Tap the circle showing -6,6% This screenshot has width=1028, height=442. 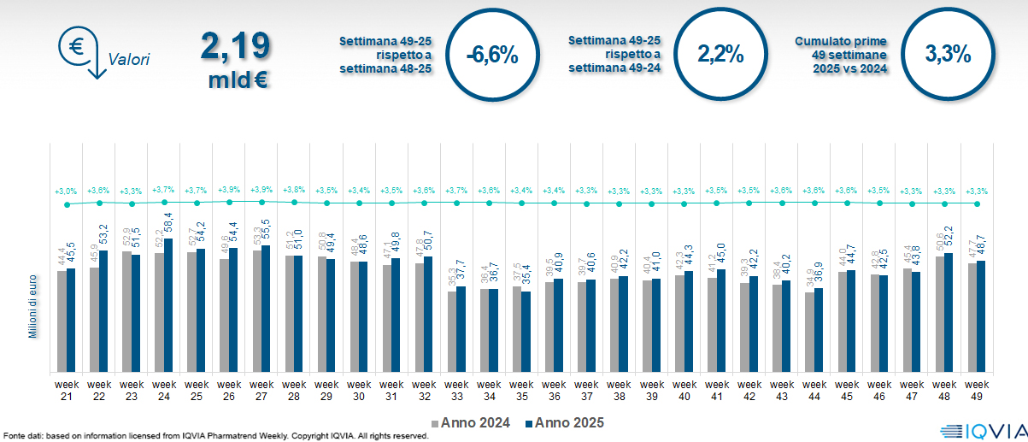point(492,55)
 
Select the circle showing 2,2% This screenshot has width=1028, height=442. point(720,55)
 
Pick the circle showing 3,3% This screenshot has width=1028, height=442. point(947,55)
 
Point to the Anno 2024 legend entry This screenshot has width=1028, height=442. point(473,422)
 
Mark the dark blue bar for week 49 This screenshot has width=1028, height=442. point(980,316)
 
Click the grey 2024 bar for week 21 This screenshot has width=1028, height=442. point(62,321)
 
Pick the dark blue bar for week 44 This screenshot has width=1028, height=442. point(818,330)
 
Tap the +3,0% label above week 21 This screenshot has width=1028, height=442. point(66,190)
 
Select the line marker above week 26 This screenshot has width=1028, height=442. point(229,202)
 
